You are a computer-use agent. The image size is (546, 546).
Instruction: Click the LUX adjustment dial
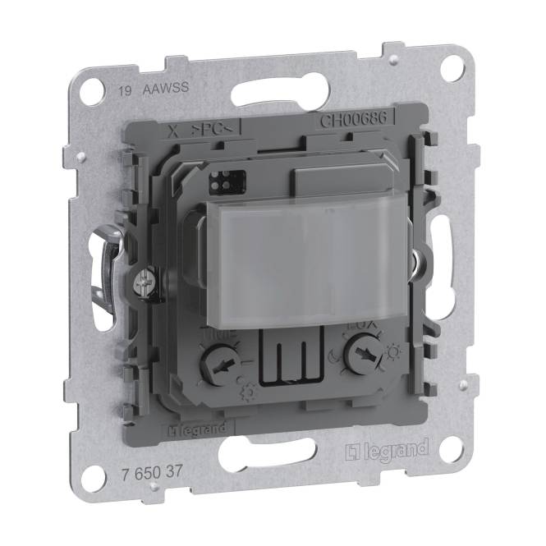(x=359, y=358)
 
